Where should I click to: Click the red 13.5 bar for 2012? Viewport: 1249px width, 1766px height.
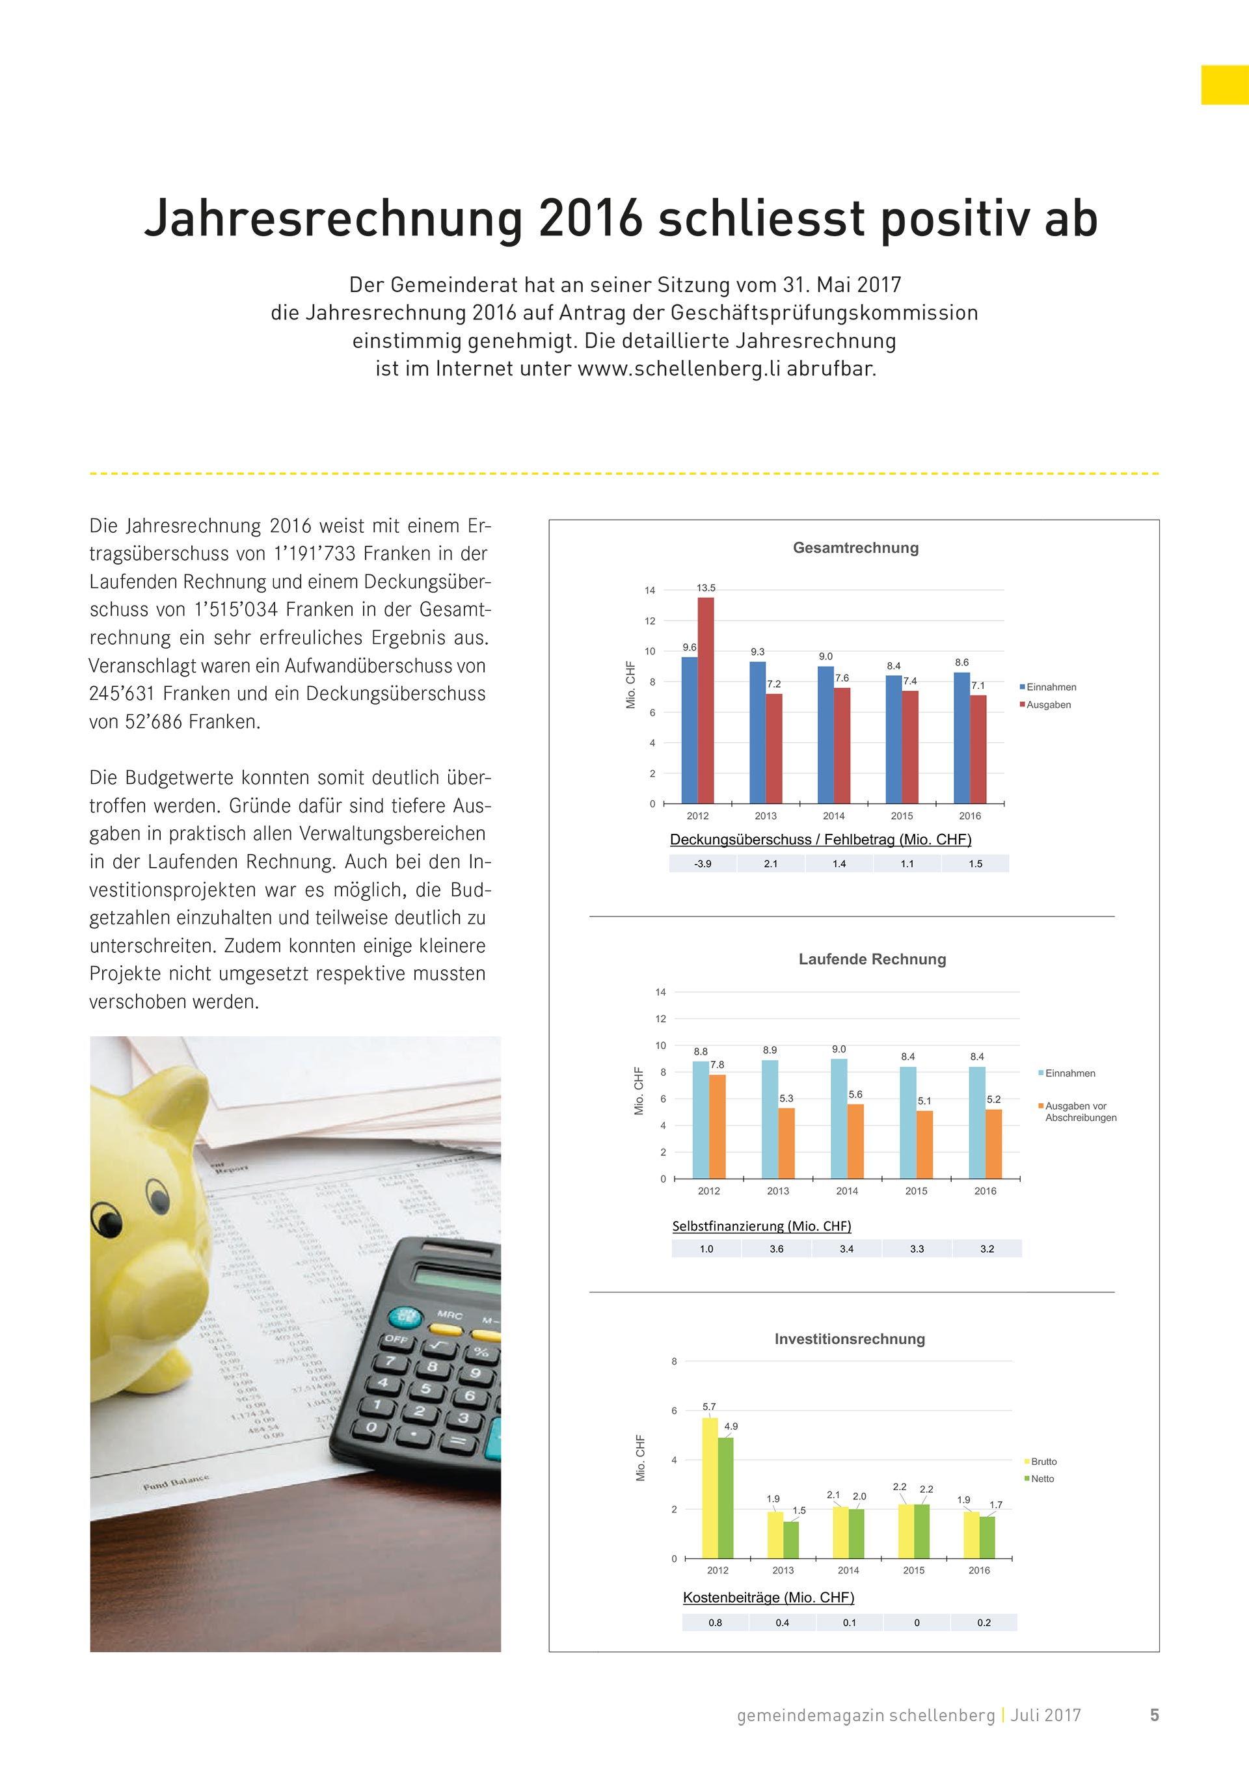[705, 700]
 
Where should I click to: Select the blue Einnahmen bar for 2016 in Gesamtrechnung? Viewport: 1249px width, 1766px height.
[961, 738]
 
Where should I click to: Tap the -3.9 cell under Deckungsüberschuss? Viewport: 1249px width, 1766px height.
[702, 864]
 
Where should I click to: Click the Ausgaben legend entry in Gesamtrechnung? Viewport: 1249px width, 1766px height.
[1047, 704]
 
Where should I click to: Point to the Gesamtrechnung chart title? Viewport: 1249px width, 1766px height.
[855, 548]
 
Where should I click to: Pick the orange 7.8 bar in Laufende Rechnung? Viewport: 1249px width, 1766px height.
[717, 1126]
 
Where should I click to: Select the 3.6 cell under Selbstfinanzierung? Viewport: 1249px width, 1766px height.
[776, 1248]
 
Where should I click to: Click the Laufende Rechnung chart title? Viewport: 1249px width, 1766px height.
[872, 959]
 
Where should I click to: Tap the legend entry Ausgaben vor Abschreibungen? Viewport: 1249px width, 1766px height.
[1079, 1112]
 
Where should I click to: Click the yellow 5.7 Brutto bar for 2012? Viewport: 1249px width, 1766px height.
[710, 1488]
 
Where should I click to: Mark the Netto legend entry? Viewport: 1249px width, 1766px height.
[1042, 1478]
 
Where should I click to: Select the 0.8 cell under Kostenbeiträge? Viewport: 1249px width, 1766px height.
[714, 1622]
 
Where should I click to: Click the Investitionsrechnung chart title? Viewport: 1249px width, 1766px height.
[849, 1339]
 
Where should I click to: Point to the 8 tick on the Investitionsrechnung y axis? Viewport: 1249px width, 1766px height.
[674, 1361]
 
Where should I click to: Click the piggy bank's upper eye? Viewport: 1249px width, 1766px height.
[157, 1196]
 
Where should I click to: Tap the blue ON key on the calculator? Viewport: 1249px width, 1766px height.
[405, 1316]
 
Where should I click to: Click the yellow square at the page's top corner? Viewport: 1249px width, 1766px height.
[1224, 85]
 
